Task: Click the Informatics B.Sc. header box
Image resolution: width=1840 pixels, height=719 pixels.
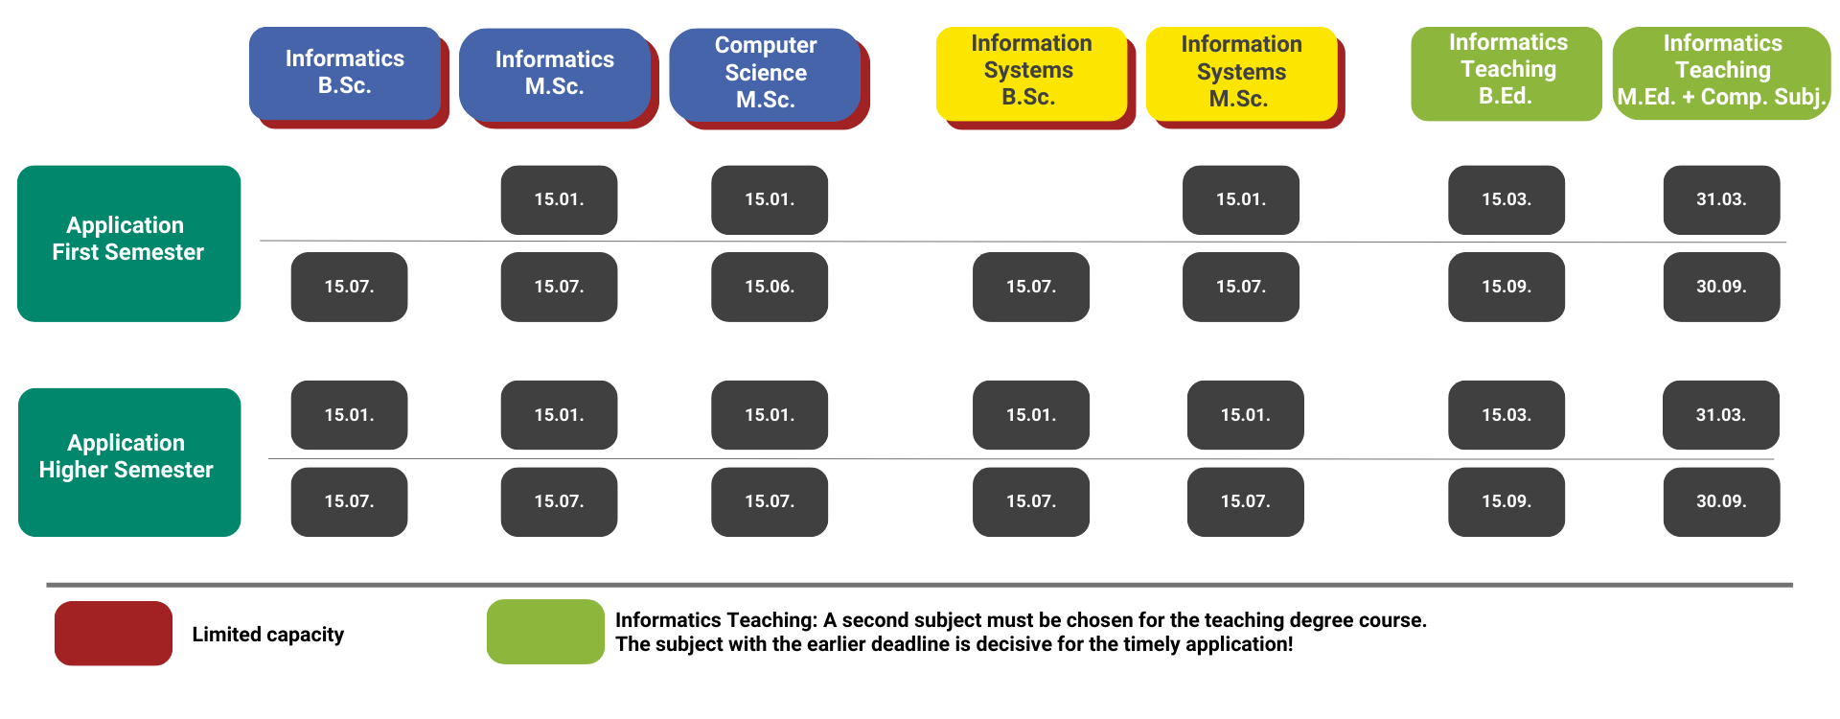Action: (345, 74)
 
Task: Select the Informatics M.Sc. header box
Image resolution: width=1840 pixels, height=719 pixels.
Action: (555, 74)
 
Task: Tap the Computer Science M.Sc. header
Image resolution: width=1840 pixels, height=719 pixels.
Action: (765, 74)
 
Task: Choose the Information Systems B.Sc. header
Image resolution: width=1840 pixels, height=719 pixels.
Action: (1031, 73)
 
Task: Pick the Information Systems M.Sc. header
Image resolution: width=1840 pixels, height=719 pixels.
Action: (1241, 73)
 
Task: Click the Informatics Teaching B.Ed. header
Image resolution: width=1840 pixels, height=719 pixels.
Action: (1506, 73)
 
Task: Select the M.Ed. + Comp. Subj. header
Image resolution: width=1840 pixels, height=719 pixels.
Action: (1722, 73)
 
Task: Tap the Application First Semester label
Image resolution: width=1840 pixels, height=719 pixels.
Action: (128, 244)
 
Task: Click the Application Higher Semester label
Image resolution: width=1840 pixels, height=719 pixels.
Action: (129, 462)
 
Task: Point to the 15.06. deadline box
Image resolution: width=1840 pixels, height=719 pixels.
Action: (770, 287)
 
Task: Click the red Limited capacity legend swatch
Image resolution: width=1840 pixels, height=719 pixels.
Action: (113, 633)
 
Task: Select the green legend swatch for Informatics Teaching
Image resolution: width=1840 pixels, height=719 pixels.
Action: (545, 632)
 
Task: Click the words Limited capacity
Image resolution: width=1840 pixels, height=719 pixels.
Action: (268, 635)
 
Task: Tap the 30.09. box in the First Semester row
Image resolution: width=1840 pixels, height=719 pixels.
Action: (1721, 287)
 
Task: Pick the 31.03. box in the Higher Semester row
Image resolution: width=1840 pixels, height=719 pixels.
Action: (1721, 415)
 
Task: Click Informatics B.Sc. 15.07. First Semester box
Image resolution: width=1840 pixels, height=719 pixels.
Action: (349, 287)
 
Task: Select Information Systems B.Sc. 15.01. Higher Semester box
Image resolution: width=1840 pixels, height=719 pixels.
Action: (1031, 415)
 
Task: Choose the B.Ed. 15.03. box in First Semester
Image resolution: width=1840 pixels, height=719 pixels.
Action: (1506, 199)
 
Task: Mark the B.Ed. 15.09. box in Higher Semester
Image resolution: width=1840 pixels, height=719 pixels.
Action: (1506, 501)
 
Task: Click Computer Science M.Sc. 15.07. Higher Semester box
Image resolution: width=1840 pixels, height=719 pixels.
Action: (770, 501)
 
